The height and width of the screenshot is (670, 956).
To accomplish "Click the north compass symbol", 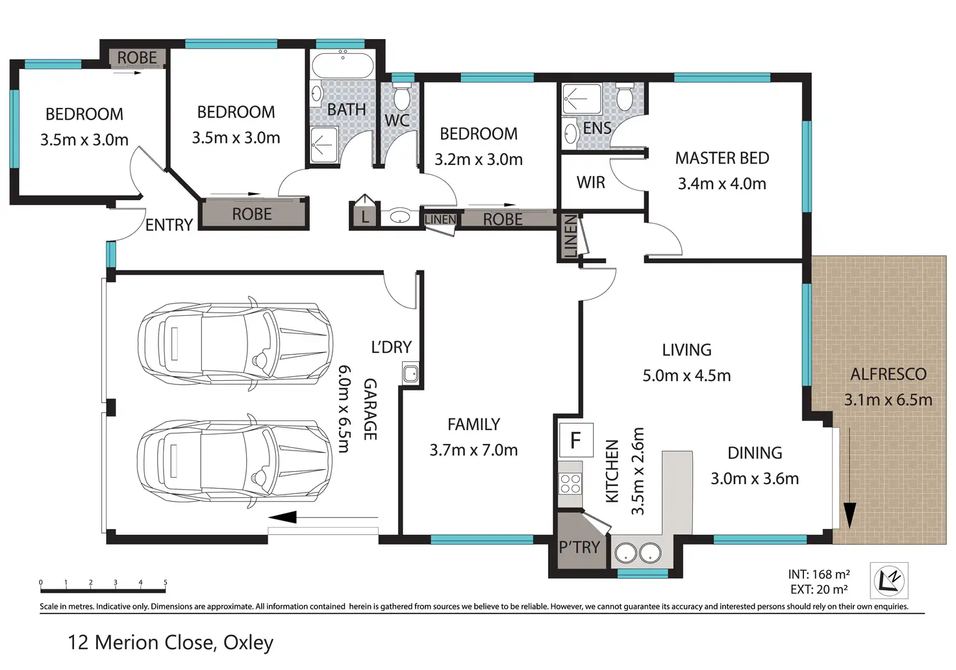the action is coord(889,581).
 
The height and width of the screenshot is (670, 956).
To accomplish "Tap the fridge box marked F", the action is coord(575,440).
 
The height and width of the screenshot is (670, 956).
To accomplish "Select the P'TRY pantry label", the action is coord(579,547).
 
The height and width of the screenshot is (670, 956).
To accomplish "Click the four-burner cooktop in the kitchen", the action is coord(570,483).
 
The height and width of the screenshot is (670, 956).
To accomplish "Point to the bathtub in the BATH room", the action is coord(343,66).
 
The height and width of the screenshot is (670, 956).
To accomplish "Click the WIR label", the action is coord(590,183).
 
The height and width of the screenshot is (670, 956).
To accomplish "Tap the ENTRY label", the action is coord(169,225).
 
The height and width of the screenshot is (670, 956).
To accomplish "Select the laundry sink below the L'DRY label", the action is coord(410,374).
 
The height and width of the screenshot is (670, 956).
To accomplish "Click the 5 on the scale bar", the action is coord(165,582).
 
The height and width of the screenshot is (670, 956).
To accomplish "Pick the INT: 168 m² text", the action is coord(818,574).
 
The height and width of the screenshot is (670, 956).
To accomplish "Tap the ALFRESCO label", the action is coord(888,374).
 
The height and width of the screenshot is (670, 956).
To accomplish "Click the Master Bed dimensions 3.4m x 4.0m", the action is coord(722,184).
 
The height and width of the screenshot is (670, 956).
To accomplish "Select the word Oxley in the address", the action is coord(248,643).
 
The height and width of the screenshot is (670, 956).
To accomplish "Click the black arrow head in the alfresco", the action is coord(849,515).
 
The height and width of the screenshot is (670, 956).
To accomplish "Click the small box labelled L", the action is coord(365,213).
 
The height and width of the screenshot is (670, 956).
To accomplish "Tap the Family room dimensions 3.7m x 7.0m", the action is coord(473,450).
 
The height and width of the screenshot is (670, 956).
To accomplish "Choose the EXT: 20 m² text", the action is coord(818,589).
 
